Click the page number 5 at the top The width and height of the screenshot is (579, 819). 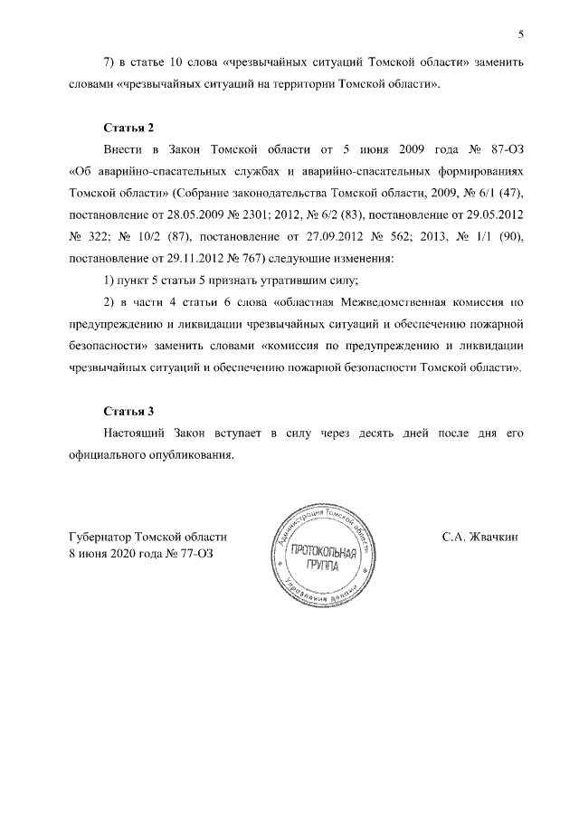click(521, 35)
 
